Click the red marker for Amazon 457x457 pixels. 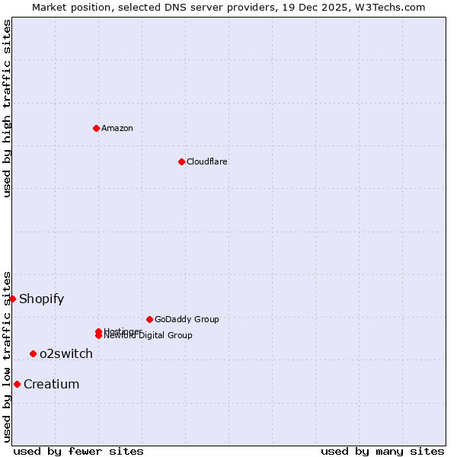pyautogui.click(x=96, y=128)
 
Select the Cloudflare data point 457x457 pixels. pyautogui.click(x=181, y=161)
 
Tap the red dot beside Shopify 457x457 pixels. pyautogui.click(x=12, y=299)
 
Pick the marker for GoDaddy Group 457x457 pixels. pyautogui.click(x=149, y=319)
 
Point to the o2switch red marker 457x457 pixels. pyautogui.click(x=33, y=353)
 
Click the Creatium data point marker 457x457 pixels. pyautogui.click(x=17, y=384)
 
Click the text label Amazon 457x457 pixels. pyautogui.click(x=117, y=128)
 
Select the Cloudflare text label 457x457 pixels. pyautogui.click(x=206, y=161)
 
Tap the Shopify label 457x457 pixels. pyautogui.click(x=41, y=299)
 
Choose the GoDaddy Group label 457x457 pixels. pyautogui.click(x=187, y=319)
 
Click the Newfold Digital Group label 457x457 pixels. pyautogui.click(x=148, y=336)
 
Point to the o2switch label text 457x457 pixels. pyautogui.click(x=66, y=353)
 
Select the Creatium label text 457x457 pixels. pyautogui.click(x=51, y=384)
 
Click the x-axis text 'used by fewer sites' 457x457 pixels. pyautogui.click(x=78, y=451)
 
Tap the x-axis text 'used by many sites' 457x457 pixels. pyautogui.click(x=382, y=451)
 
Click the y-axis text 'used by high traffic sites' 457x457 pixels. pyautogui.click(x=7, y=108)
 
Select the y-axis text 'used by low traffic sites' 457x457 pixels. pyautogui.click(x=7, y=356)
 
